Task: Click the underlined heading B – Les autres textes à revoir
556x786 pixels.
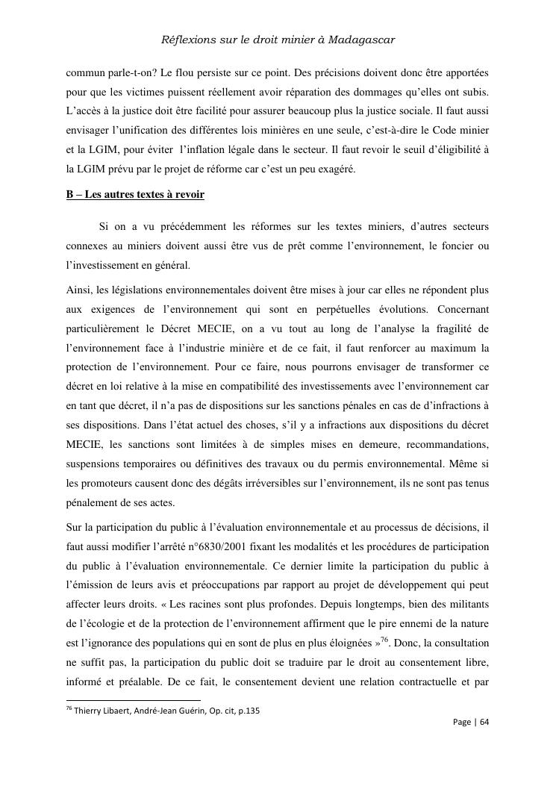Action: pyautogui.click(x=135, y=195)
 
